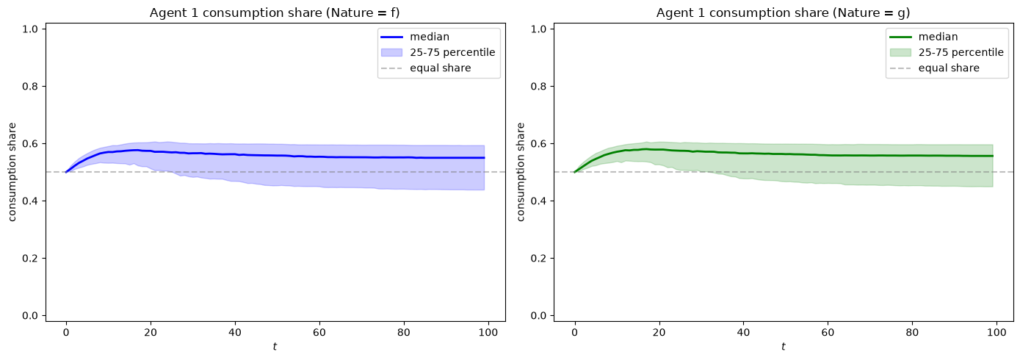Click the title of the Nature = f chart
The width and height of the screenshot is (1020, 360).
click(x=275, y=12)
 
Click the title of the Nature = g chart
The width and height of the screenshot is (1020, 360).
click(x=783, y=12)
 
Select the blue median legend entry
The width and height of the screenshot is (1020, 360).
click(x=415, y=37)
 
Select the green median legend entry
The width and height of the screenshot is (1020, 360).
click(x=924, y=37)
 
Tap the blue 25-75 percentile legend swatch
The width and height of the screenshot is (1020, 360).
click(x=391, y=52)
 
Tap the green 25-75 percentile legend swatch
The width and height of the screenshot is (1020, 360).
click(x=900, y=52)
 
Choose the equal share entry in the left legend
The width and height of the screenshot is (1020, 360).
click(x=426, y=68)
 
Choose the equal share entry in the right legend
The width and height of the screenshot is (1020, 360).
click(x=934, y=68)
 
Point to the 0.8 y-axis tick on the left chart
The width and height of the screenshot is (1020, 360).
click(x=31, y=86)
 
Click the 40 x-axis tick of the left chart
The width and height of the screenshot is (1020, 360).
click(x=235, y=332)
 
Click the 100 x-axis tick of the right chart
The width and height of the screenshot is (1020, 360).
click(x=997, y=332)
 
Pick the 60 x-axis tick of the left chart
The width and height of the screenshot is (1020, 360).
click(x=319, y=332)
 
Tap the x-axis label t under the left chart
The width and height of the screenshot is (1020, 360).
click(x=275, y=346)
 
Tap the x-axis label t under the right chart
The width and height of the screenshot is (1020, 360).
click(x=784, y=346)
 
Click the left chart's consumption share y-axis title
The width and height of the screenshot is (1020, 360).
click(x=12, y=172)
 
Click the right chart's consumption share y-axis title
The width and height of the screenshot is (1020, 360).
click(x=521, y=172)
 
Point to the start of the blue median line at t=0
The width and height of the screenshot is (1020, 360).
click(x=66, y=172)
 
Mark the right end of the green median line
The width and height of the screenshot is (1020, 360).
click(x=993, y=156)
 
